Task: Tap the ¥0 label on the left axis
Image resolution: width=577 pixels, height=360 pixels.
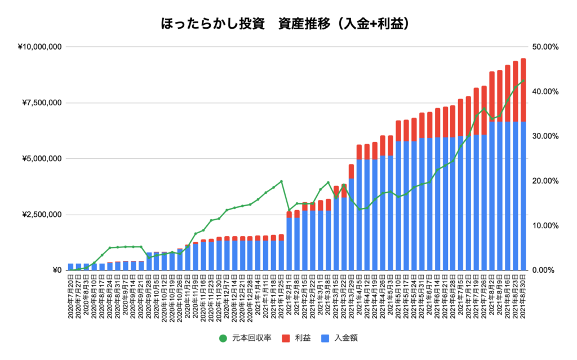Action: (x=56, y=270)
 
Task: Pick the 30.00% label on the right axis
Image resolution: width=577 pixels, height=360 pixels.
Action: (x=544, y=136)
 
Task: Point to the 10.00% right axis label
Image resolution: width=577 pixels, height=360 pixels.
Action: (x=544, y=226)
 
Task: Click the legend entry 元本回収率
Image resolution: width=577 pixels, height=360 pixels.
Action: (x=246, y=338)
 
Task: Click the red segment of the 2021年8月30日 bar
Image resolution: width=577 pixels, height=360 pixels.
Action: (x=523, y=90)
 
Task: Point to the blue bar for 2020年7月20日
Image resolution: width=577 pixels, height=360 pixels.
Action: (x=71, y=267)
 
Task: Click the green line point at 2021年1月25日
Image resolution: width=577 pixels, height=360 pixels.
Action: (x=281, y=181)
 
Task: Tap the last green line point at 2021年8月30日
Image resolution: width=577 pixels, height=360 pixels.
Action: (x=523, y=81)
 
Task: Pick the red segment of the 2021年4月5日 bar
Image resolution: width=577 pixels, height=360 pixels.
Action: (x=359, y=152)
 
